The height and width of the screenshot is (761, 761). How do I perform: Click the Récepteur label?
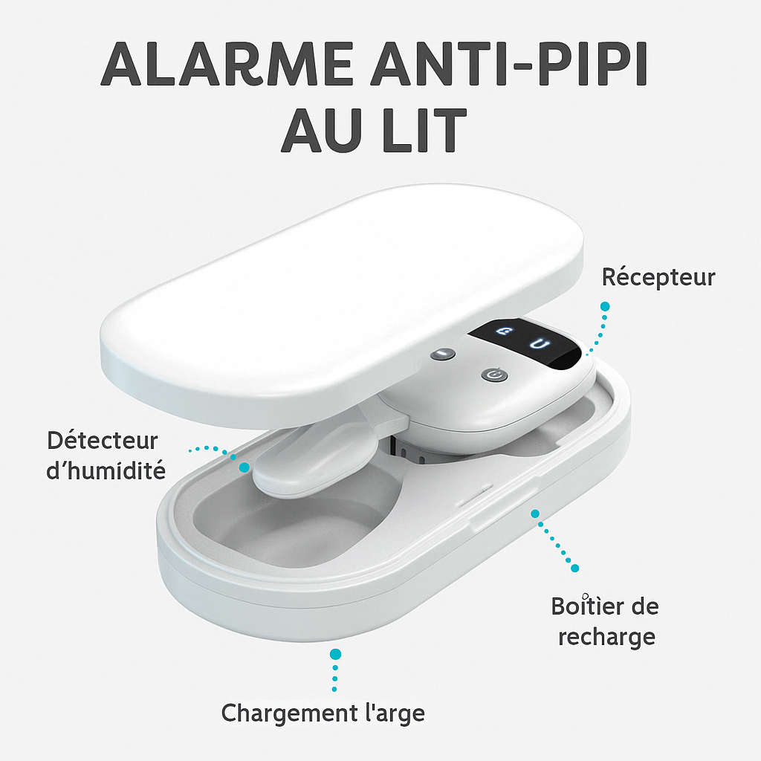click(x=658, y=277)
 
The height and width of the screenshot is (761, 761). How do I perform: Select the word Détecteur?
click(x=103, y=440)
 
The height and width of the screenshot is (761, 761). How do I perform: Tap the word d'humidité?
click(x=106, y=470)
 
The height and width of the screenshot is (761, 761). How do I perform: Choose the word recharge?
click(x=606, y=636)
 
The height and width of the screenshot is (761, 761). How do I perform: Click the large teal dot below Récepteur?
click(x=605, y=306)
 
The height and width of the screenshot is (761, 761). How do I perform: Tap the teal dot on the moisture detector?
click(x=244, y=467)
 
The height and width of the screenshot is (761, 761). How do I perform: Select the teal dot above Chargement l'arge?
click(x=335, y=654)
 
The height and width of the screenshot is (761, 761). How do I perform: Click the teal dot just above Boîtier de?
click(x=574, y=568)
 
